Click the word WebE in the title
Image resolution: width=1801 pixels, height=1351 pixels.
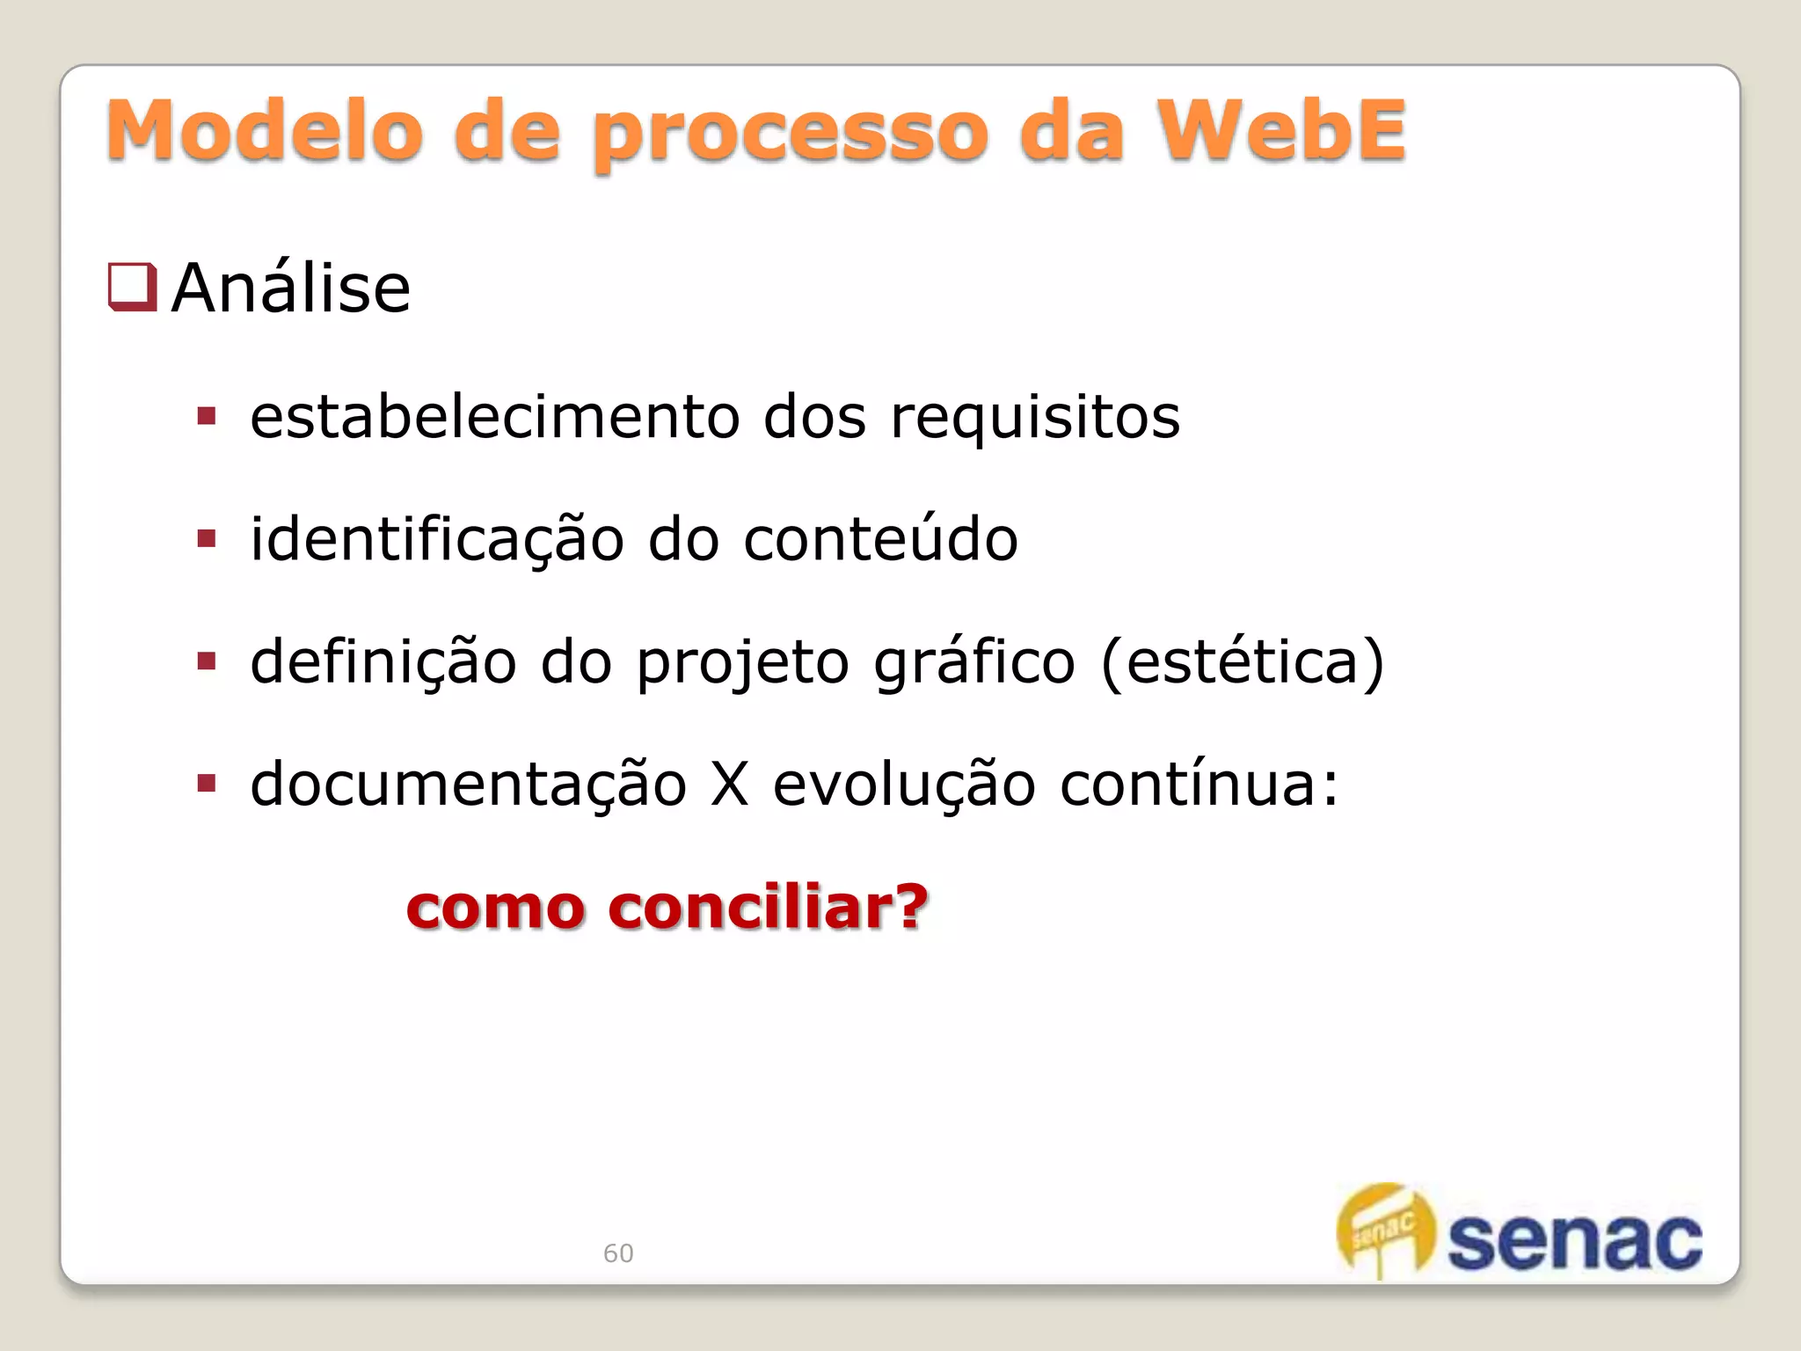coord(1281,131)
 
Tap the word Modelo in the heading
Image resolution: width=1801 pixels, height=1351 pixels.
coord(265,131)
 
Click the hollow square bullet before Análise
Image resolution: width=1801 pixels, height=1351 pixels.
coord(132,288)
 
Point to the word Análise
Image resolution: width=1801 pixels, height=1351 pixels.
coord(291,288)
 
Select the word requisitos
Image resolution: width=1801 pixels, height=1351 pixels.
coord(1035,419)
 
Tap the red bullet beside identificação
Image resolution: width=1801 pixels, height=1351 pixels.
coord(207,538)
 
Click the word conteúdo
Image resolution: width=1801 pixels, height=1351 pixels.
coord(880,538)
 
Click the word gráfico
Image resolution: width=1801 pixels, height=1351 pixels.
coord(974,661)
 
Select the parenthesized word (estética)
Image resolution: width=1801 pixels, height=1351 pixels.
coord(1243,661)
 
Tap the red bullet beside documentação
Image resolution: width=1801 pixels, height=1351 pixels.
coord(207,783)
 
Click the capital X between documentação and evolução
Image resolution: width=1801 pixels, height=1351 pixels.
coord(730,784)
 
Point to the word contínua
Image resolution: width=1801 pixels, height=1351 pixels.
coord(1199,783)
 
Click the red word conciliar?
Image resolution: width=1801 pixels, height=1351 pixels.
coord(768,907)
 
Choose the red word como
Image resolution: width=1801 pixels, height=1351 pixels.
coord(495,909)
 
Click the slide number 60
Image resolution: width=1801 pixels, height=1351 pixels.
coord(618,1253)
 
